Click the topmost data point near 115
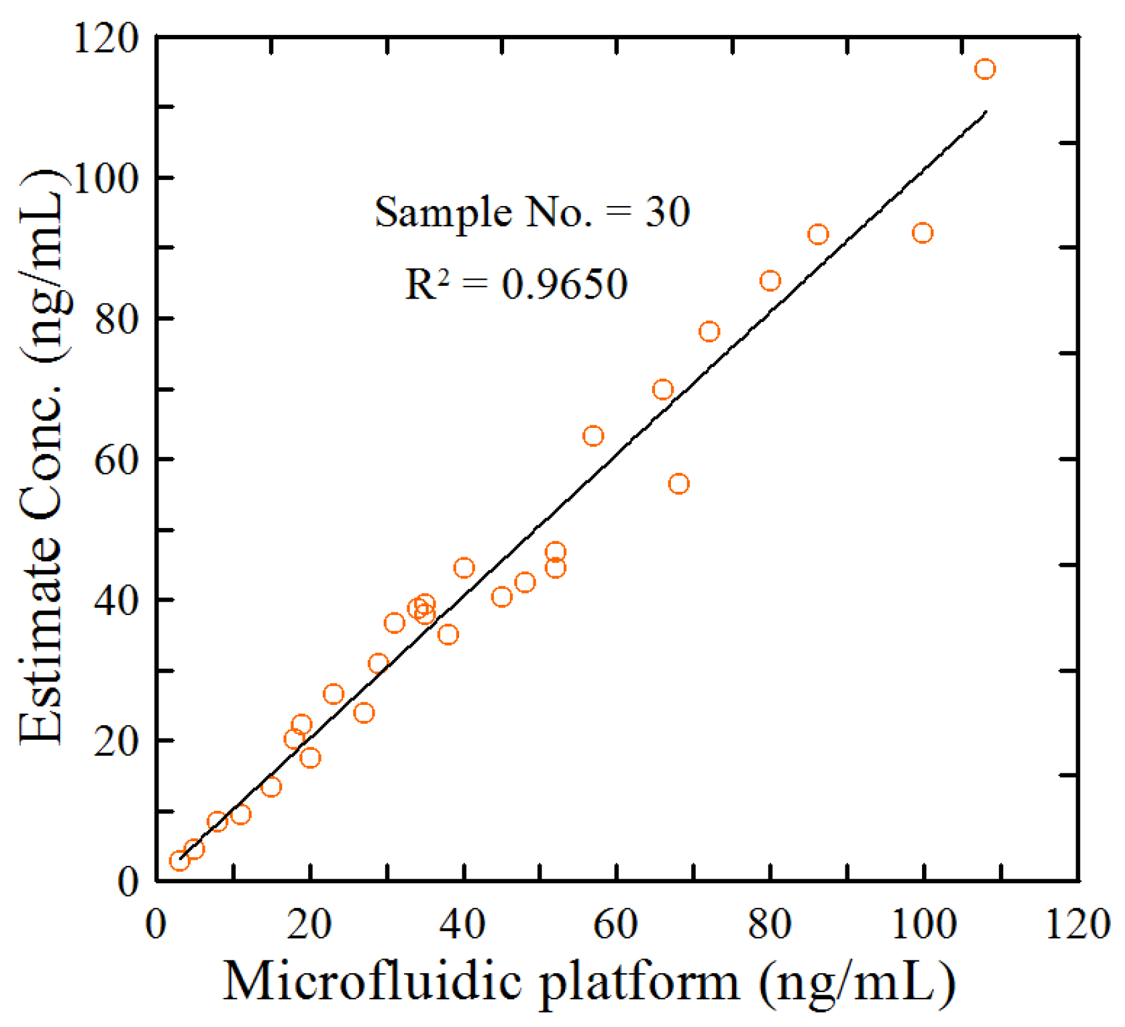tap(984, 69)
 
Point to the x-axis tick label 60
tap(615, 924)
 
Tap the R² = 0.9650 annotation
tap(516, 283)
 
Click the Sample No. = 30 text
tap(532, 212)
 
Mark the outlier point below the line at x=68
tap(679, 484)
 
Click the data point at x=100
tap(922, 233)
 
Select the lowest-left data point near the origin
tap(179, 861)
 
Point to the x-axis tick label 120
tap(1077, 924)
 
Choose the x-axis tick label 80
tap(769, 924)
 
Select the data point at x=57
tap(593, 436)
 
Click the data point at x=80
tap(770, 281)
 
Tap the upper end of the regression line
tap(985, 112)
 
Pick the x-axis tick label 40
tap(463, 924)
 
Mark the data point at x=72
tap(709, 332)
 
